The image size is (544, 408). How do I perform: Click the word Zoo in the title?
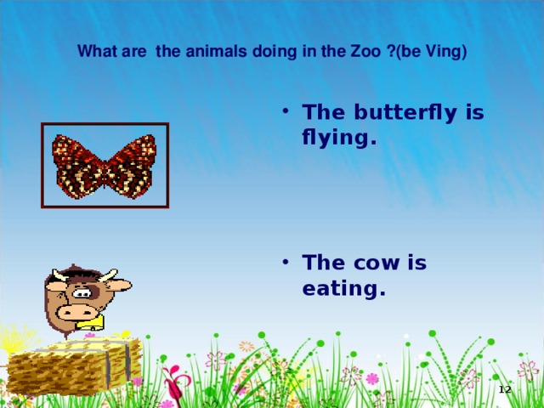pyautogui.click(x=364, y=51)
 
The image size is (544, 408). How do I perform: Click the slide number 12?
pyautogui.click(x=504, y=389)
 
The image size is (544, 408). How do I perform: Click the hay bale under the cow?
pyautogui.click(x=68, y=365)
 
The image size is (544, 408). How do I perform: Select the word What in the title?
pyautogui.click(x=93, y=51)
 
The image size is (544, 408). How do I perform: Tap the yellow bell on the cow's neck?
pyautogui.click(x=95, y=324)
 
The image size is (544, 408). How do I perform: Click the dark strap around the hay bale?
pyautogui.click(x=128, y=361)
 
